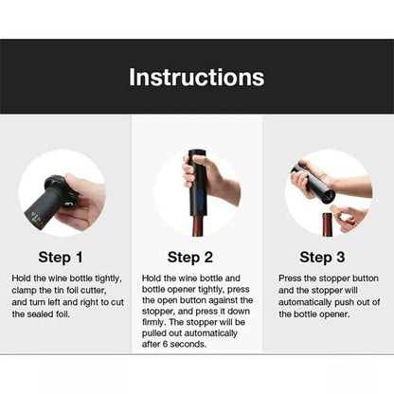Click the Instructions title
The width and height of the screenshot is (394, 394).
[196, 77]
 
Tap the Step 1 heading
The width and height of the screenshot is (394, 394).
[61, 257]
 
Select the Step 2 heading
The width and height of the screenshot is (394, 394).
[190, 257]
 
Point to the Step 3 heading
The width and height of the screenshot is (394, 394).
[322, 257]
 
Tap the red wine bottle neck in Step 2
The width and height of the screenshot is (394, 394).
[198, 225]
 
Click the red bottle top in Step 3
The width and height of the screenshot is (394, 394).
[328, 224]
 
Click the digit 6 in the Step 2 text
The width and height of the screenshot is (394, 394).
[165, 344]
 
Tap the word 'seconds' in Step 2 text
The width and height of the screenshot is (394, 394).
[188, 344]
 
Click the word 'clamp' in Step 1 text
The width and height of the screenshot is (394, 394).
[24, 291]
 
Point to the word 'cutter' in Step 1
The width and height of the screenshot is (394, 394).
[93, 290]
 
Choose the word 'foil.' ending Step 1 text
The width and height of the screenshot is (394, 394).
[60, 314]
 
